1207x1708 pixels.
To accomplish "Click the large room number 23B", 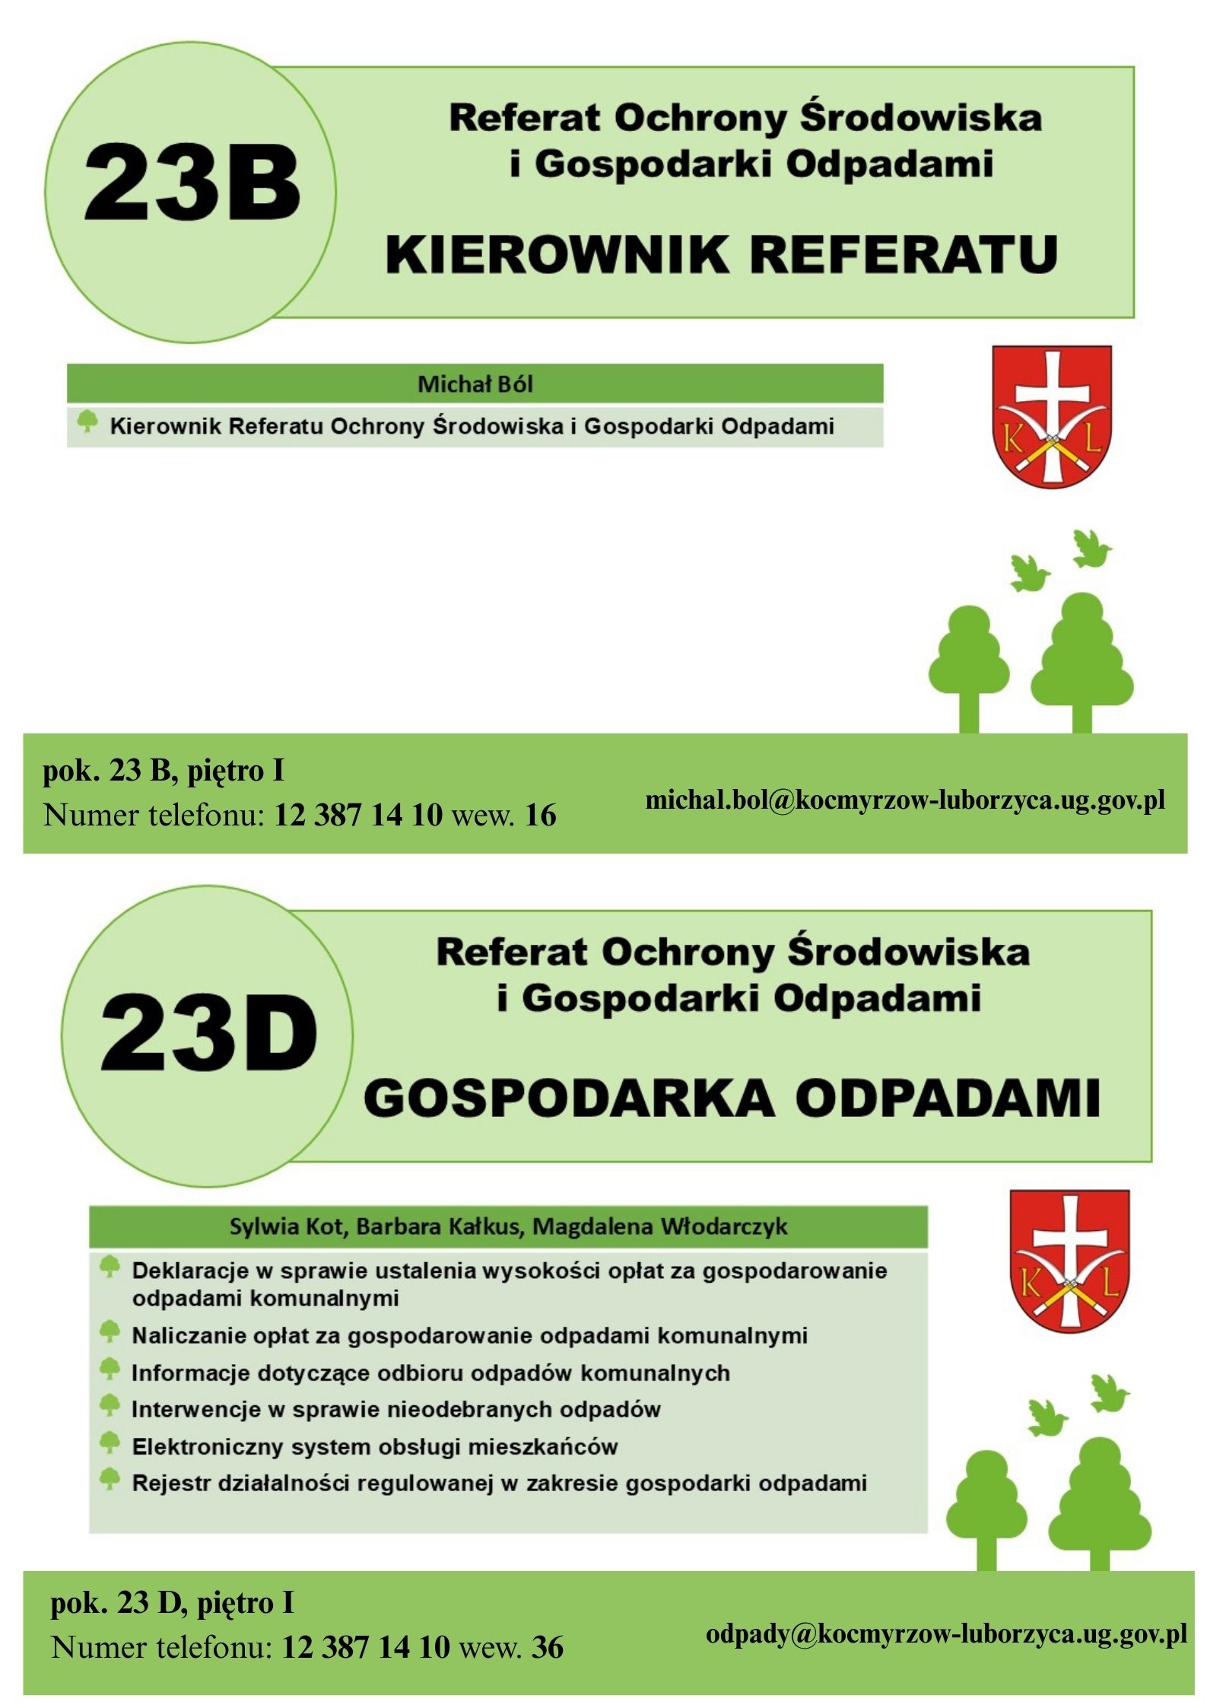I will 192,183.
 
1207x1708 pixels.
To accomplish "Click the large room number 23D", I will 208,1034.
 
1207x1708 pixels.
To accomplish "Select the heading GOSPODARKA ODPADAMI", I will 732,1098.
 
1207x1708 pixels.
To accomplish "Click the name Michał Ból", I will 475,383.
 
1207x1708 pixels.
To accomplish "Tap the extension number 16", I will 540,815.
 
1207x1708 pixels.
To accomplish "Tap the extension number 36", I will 547,1647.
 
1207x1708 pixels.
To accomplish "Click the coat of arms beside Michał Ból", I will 1052,416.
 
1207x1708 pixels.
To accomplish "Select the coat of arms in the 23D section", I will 1069,1261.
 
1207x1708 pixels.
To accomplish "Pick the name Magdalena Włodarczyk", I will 659,1226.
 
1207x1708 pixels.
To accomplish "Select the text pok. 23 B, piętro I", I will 164,771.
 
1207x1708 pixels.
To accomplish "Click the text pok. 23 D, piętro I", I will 172,1603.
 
